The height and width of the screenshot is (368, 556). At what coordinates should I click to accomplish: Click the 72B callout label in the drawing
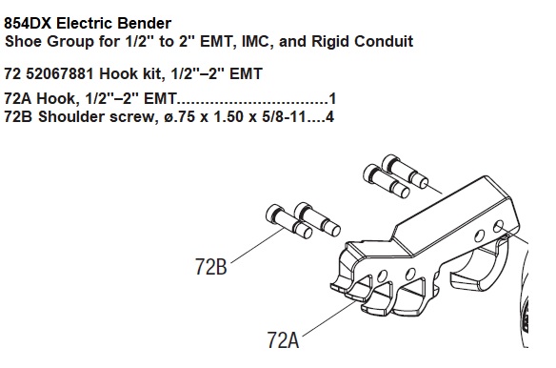pos(211,266)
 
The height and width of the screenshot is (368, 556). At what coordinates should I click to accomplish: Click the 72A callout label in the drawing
pos(283,340)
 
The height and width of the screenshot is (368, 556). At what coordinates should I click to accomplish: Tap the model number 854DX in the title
pos(28,24)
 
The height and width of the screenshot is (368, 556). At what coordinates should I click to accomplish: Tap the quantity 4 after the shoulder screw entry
pos(329,116)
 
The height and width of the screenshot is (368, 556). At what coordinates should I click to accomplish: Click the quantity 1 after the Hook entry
pos(332,98)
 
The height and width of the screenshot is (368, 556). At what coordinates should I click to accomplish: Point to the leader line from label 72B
pos(257,246)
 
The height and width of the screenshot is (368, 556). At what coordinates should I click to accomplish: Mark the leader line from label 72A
pos(329,318)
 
